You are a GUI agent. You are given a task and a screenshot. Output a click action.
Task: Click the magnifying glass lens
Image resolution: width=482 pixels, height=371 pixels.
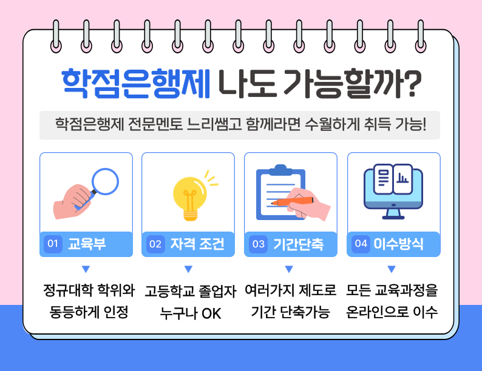[105, 180]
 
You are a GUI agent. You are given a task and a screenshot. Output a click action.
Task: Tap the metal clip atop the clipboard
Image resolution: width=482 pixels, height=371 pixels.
[279, 169]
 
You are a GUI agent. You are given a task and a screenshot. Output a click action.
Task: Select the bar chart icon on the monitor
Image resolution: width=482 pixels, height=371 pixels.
[402, 178]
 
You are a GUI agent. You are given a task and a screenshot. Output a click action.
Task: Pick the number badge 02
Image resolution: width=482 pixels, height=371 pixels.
[155, 244]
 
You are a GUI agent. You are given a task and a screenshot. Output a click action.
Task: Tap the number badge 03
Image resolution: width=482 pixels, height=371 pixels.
[259, 244]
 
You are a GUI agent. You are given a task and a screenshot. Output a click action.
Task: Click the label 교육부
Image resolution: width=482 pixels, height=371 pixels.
[87, 244]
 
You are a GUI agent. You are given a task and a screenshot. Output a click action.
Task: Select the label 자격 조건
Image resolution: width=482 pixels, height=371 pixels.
[197, 244]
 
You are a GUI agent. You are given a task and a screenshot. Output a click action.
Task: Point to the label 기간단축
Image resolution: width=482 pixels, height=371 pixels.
[298, 244]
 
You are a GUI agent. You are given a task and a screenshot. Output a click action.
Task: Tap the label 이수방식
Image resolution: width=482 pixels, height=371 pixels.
[398, 244]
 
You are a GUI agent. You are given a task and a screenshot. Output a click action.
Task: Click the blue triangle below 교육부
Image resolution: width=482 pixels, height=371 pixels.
[86, 269]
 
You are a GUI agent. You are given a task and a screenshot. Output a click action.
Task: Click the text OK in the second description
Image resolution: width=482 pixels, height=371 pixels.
[211, 314]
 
